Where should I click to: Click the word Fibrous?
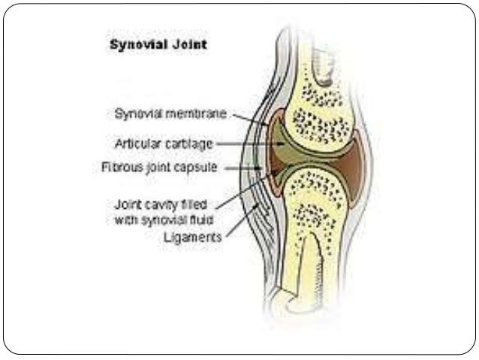(119, 166)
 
